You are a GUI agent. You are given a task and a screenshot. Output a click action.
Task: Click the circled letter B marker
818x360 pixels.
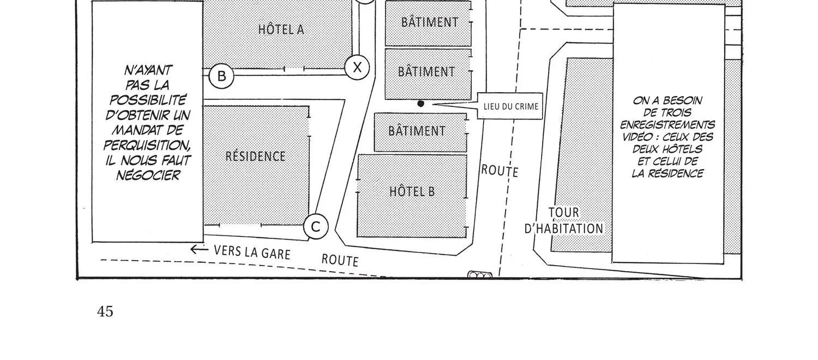click(221, 76)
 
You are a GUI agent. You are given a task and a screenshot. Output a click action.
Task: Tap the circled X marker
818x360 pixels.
click(357, 68)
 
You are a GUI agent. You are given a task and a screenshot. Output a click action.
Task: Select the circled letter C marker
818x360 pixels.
click(316, 227)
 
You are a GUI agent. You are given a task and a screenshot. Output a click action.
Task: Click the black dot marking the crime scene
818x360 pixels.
click(420, 104)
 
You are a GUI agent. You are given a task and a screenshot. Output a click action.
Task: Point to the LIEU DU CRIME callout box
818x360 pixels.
click(510, 106)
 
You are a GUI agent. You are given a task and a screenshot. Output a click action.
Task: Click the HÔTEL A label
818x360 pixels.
click(281, 29)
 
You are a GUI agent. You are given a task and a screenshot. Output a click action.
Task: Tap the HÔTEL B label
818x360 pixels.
click(412, 191)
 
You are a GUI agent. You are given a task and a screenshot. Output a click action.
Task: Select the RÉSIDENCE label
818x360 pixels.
click(255, 156)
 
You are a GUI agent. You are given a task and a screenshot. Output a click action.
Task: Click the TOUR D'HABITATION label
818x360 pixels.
click(564, 220)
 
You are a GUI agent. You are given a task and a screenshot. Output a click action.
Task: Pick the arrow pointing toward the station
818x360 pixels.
click(199, 249)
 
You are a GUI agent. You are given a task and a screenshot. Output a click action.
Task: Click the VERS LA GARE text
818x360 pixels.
click(252, 253)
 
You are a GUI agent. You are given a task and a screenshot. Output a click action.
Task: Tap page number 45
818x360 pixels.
click(105, 311)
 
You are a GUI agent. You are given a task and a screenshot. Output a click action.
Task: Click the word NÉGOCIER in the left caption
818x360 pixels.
click(148, 176)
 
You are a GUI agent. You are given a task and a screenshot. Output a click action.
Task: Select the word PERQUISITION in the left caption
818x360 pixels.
click(147, 145)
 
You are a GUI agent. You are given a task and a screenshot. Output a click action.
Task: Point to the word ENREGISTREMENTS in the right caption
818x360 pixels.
click(667, 125)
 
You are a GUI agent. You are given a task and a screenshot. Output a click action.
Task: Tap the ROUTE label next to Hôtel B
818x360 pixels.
click(500, 171)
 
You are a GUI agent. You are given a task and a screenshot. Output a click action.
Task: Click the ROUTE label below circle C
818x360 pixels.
click(340, 260)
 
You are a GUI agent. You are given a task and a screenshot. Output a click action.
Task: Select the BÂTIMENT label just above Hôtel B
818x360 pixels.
click(417, 131)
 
